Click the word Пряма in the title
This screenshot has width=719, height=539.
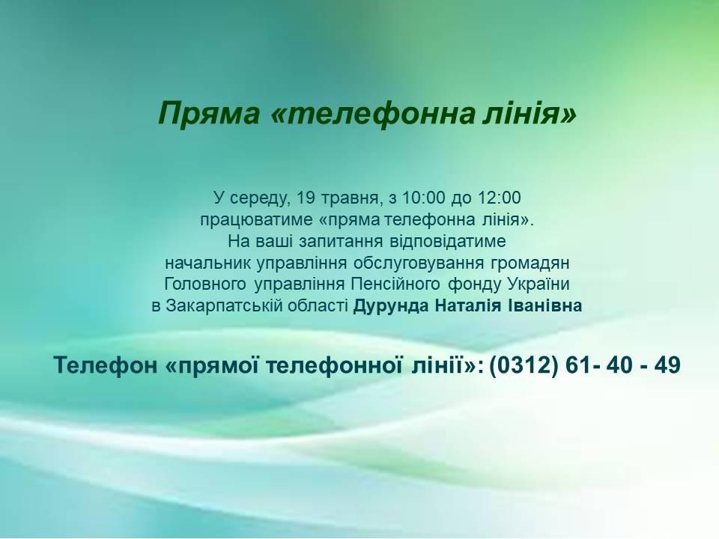(209, 113)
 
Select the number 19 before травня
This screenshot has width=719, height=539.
(306, 198)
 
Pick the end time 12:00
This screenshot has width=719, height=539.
(499, 198)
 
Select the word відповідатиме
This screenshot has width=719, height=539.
(448, 241)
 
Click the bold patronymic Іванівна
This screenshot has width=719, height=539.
(544, 305)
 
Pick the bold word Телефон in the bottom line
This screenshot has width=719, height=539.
(105, 365)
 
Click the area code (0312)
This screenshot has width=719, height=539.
(524, 365)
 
